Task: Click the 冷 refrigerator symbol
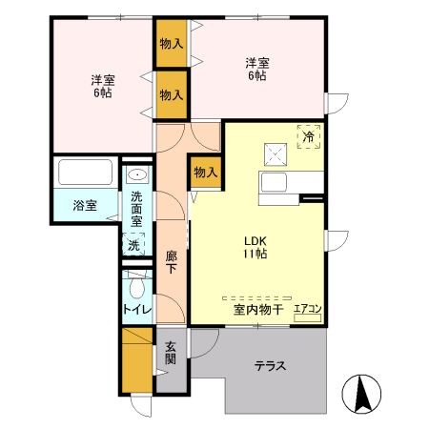tap(308, 137)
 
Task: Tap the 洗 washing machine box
tap(134, 243)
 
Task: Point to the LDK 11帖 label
tap(252, 247)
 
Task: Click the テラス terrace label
tap(271, 365)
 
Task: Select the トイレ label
tap(133, 310)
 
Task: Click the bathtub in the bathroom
tap(86, 174)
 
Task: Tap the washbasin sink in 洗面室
tap(136, 176)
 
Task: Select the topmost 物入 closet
tap(172, 44)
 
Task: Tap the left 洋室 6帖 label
tap(102, 86)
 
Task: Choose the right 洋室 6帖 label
tap(257, 70)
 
